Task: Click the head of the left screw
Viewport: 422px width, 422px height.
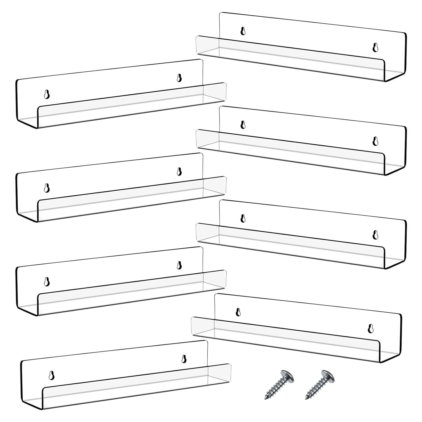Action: (x=287, y=376)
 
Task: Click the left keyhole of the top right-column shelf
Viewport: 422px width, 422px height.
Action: (x=243, y=31)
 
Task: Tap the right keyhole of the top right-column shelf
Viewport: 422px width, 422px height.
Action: (x=375, y=47)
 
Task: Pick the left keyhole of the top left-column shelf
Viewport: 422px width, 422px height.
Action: (x=47, y=94)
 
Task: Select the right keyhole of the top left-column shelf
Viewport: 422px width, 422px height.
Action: (x=179, y=78)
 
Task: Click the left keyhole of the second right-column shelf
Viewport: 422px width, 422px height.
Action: (x=243, y=125)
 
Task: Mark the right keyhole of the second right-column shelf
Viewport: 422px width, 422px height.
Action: (x=375, y=141)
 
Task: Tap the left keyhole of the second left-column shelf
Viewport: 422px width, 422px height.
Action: (x=47, y=188)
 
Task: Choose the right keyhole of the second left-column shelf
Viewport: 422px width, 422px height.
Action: (x=179, y=172)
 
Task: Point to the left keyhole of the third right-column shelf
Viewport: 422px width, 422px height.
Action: (x=243, y=218)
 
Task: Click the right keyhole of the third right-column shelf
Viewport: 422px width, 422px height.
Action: (x=375, y=235)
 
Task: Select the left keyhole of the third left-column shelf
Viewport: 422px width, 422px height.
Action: (x=47, y=281)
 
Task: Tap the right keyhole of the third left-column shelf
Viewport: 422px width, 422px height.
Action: (x=179, y=265)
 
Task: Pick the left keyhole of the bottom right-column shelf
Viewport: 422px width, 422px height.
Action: (x=238, y=312)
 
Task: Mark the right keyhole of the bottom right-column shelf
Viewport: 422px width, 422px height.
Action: (x=371, y=328)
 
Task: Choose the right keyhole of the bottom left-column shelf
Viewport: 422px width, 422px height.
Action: (x=184, y=359)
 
